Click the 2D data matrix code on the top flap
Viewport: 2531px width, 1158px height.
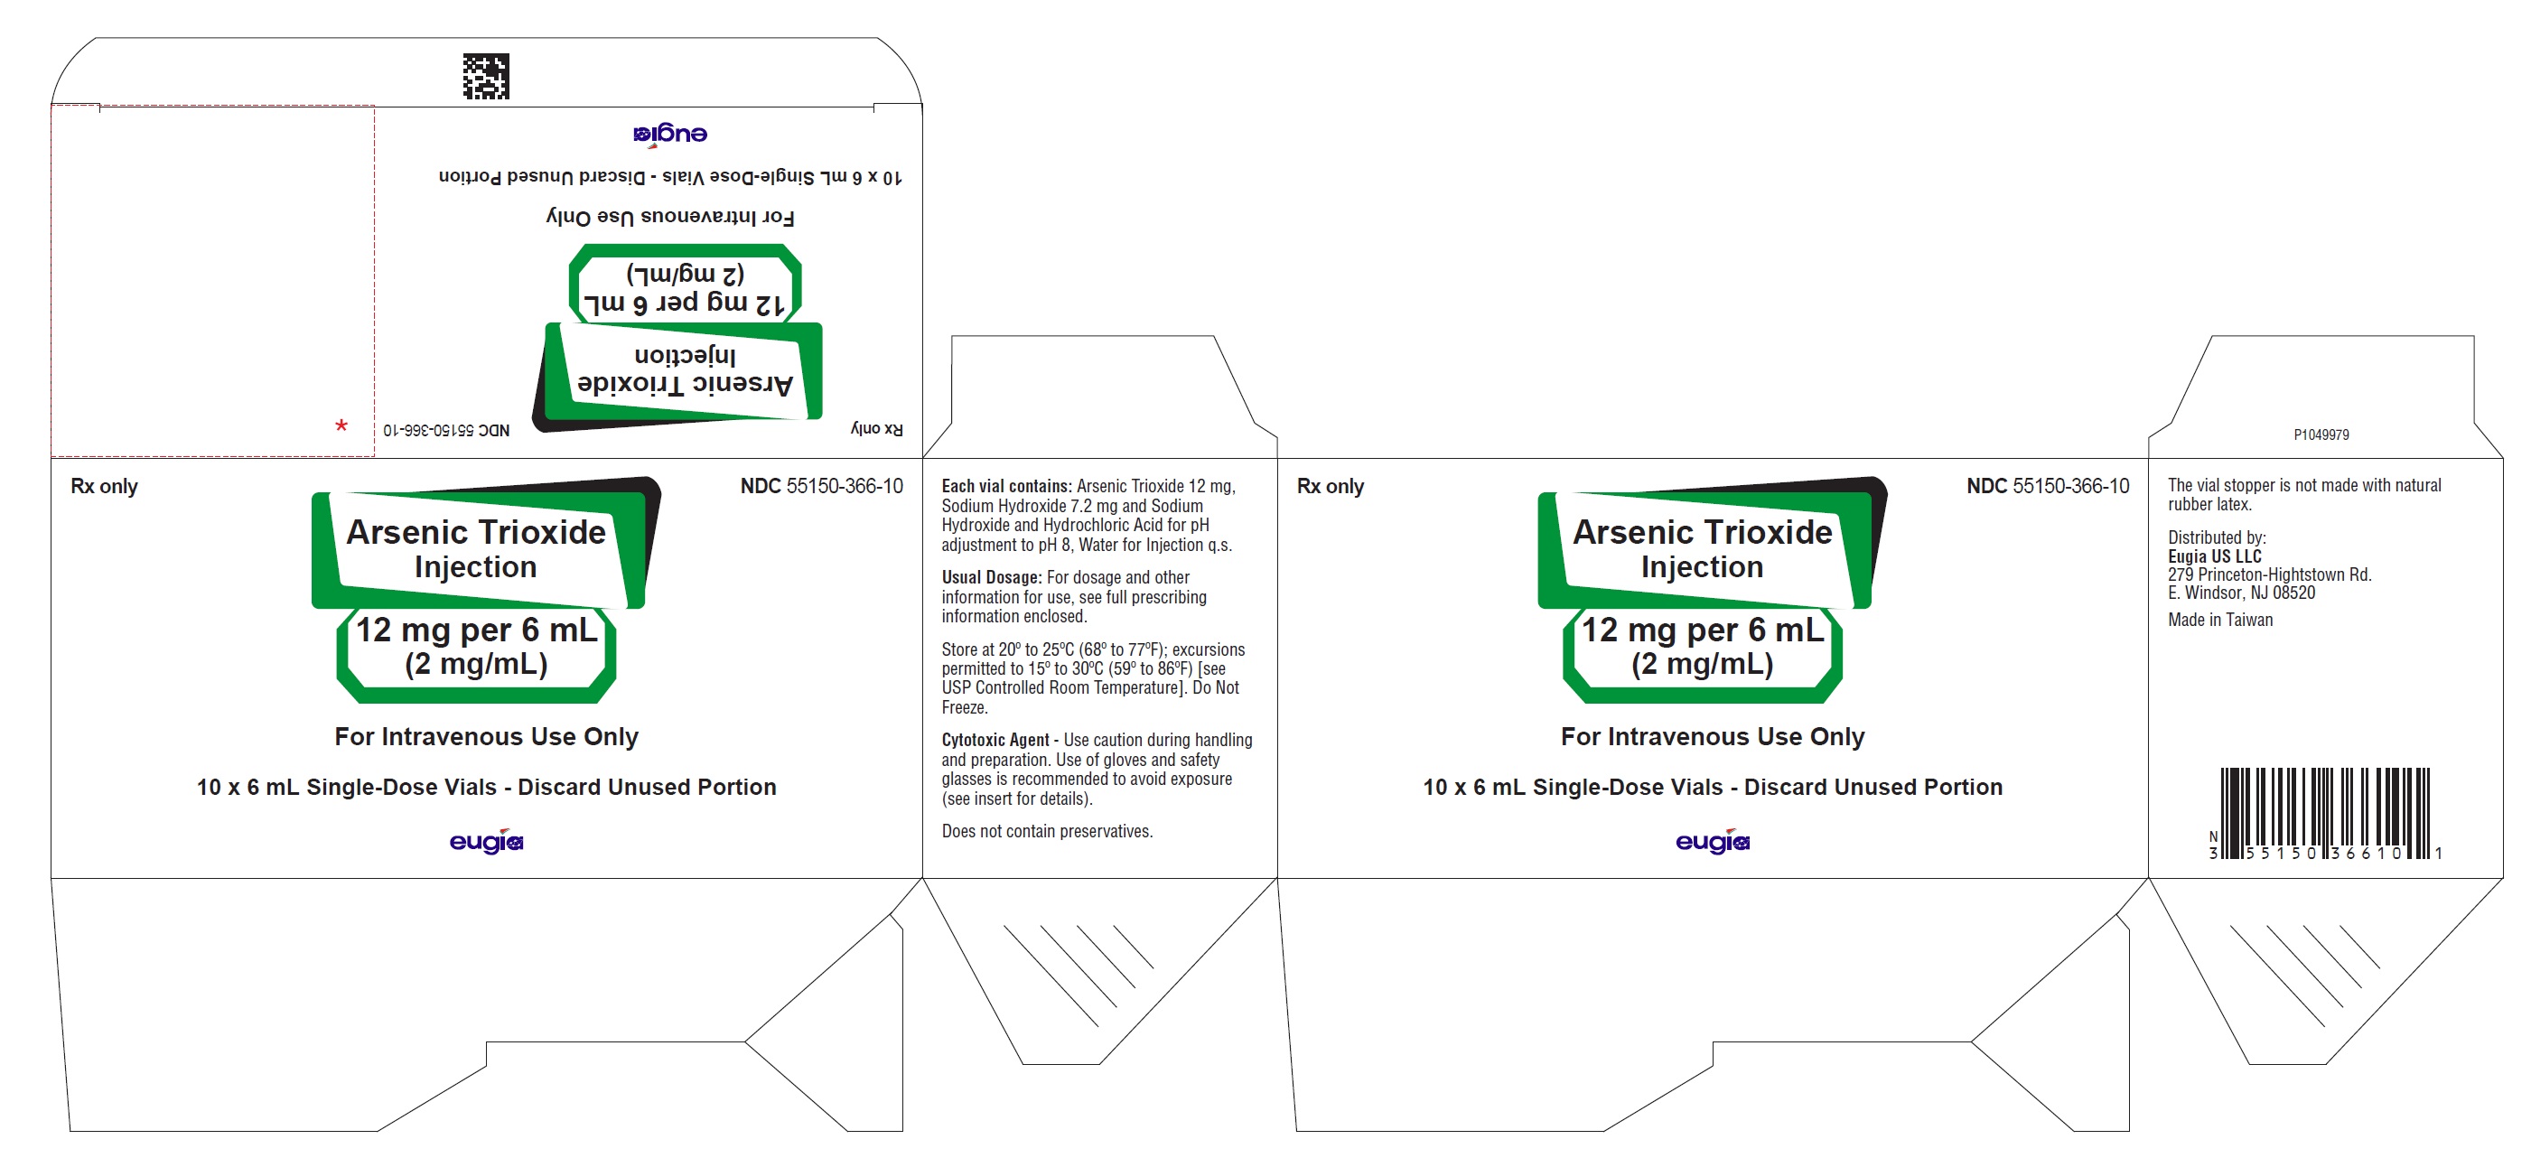point(486,77)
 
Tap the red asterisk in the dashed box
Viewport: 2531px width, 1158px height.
point(341,426)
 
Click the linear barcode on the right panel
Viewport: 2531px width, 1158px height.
point(2326,814)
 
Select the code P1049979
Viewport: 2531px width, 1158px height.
point(2321,434)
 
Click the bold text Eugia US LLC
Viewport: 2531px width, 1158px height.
point(2215,556)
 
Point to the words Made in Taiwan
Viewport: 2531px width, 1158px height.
point(2220,620)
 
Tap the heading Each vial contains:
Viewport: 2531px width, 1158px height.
point(1006,486)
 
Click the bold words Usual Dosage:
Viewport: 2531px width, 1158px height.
point(992,577)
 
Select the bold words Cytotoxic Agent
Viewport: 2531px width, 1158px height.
point(995,740)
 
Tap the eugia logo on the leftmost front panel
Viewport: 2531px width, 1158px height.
point(486,842)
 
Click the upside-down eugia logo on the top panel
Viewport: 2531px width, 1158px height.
point(670,135)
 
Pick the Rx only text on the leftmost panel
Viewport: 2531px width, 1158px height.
point(104,486)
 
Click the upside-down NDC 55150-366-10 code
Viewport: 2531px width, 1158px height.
point(447,430)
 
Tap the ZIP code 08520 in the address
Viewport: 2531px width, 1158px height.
point(2294,593)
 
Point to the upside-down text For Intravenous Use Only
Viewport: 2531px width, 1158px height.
point(670,216)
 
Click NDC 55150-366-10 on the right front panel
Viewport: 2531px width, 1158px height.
point(2048,486)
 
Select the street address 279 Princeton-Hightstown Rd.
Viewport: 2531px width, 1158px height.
point(2270,574)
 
